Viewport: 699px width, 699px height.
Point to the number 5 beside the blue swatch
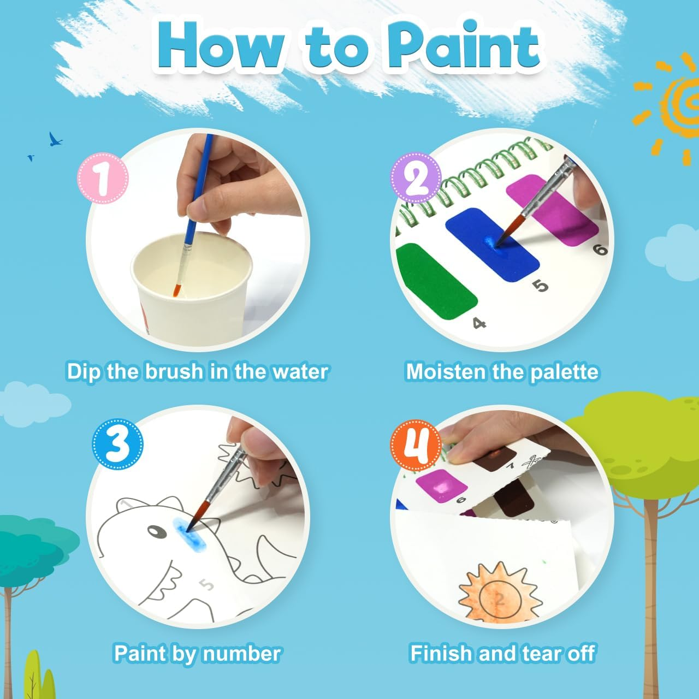[541, 285]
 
